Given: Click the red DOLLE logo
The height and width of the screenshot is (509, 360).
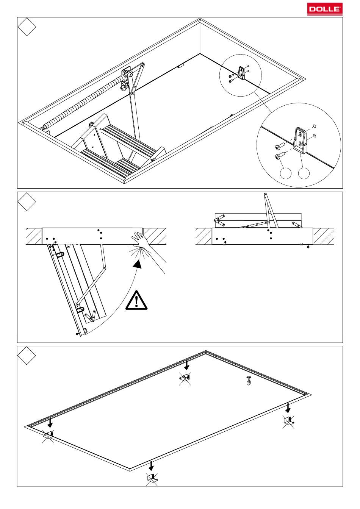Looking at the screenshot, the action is click(x=324, y=9).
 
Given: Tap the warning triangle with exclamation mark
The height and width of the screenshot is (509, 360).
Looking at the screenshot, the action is click(x=136, y=301).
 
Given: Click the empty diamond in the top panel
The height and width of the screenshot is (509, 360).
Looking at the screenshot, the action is click(x=27, y=27).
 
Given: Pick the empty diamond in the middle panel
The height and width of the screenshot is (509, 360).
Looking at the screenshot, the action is click(x=27, y=201).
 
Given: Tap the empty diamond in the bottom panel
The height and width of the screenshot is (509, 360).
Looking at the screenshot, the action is click(x=27, y=356).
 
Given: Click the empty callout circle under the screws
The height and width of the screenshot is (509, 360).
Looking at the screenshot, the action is click(x=286, y=173).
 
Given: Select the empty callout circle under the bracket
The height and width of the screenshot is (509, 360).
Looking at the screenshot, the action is click(x=304, y=173).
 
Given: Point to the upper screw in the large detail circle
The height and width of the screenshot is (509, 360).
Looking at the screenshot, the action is click(x=280, y=146).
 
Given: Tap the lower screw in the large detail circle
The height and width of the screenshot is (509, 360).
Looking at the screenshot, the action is click(x=280, y=156).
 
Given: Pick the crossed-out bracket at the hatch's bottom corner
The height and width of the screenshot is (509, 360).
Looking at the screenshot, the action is click(x=152, y=479).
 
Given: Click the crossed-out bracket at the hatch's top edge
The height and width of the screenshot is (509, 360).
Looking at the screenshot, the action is click(x=185, y=379).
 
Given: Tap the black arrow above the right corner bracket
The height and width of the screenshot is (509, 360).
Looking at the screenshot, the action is click(x=288, y=408).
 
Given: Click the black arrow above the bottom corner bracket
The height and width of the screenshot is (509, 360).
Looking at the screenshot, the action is click(x=151, y=466).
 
